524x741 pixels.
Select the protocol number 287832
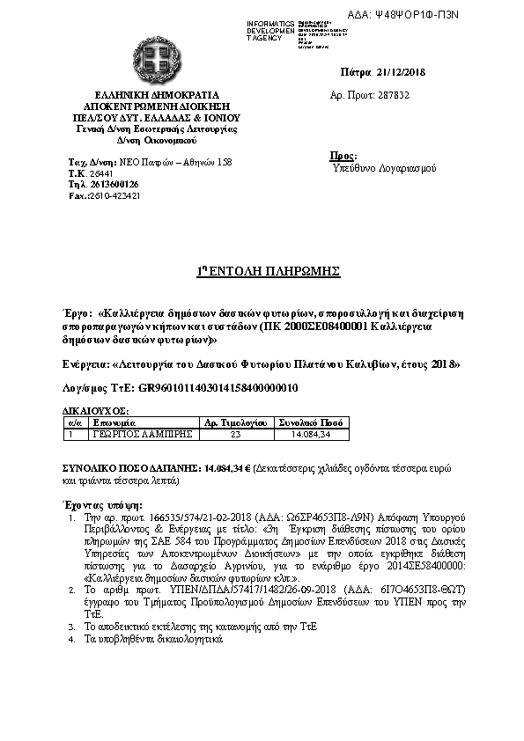393,94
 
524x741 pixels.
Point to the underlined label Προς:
343,155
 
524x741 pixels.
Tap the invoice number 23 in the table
234,433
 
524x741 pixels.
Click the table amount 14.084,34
312,433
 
